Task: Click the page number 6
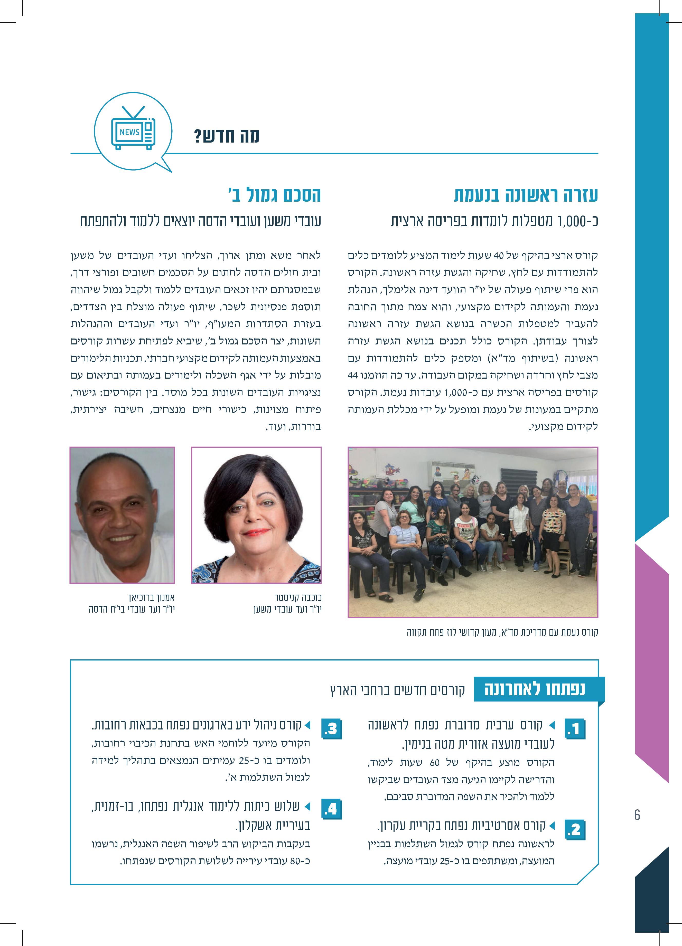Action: [637, 814]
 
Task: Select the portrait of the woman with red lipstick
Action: [256, 515]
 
